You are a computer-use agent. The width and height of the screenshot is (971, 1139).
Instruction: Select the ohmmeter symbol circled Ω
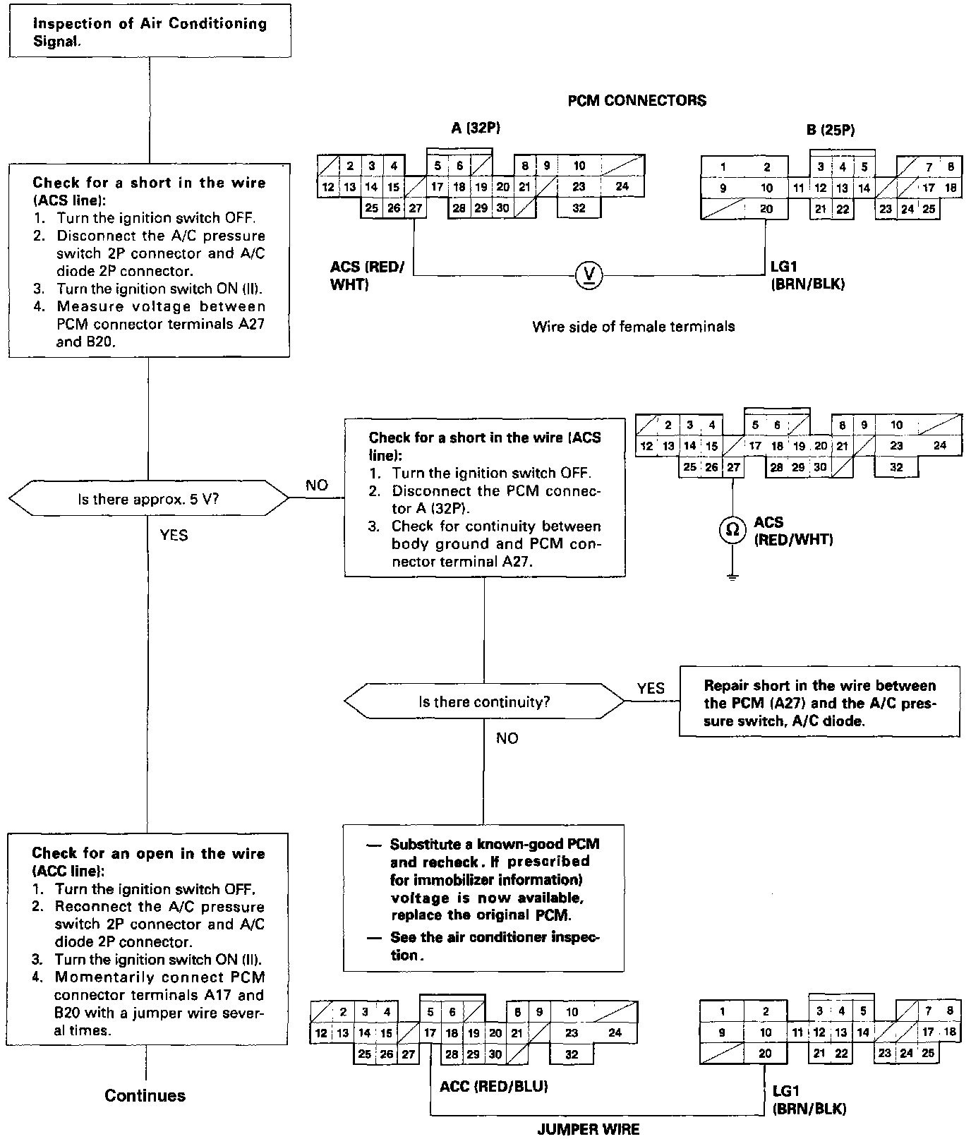coord(732,529)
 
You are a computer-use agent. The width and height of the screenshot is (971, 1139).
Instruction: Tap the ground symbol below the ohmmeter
coord(732,577)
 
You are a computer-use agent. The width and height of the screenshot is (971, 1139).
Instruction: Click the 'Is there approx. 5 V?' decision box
coord(148,499)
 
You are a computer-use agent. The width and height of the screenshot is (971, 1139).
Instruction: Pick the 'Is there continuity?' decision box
coord(484,701)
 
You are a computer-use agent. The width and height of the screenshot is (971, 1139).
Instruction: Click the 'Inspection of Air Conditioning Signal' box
coord(150,32)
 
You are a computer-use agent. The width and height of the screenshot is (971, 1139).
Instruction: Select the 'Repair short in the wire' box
coord(819,702)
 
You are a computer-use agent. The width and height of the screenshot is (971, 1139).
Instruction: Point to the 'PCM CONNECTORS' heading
coord(637,100)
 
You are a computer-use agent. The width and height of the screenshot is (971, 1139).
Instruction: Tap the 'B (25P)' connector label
coord(831,128)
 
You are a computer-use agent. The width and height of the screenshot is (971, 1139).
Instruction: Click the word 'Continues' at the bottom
coord(145,1095)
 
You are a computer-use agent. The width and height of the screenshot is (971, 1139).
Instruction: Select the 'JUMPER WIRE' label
coord(589,1129)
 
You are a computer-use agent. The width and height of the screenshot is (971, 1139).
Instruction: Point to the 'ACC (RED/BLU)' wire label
coord(493,1086)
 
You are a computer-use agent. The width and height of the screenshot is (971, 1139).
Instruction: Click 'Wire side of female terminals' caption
coord(633,326)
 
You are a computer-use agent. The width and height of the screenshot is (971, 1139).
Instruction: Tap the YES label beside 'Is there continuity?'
coord(650,688)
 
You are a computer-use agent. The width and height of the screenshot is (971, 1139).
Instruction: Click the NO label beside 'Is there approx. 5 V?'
coord(317,486)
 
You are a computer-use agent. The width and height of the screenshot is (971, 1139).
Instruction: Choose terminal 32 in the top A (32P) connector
coord(579,208)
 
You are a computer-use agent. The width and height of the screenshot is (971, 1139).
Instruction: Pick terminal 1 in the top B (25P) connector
coord(723,167)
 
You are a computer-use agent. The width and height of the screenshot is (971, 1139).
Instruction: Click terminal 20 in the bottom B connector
coord(765,1053)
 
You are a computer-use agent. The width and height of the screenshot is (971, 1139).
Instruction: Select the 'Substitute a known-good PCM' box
coord(484,898)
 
